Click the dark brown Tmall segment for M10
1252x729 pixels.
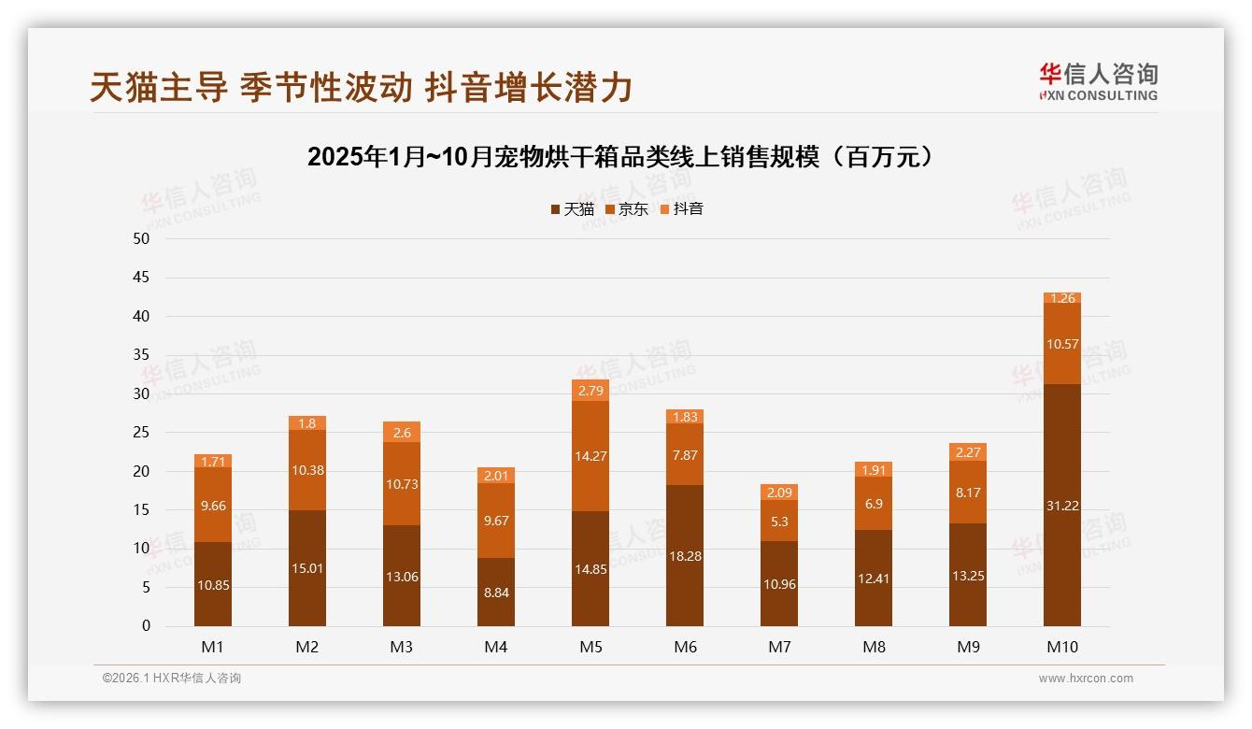click(1062, 505)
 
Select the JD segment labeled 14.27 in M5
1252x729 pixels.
click(590, 457)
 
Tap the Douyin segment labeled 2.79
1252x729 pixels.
click(590, 391)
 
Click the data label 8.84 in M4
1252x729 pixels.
click(496, 593)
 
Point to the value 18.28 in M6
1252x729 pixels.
click(685, 556)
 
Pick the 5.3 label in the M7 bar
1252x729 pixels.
click(779, 522)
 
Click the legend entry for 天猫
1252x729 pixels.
click(573, 209)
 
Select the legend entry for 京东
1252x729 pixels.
click(627, 209)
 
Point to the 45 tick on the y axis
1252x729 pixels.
click(141, 278)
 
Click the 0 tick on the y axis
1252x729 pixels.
click(146, 626)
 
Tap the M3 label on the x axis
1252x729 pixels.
click(402, 647)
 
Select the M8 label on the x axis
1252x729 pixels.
click(874, 647)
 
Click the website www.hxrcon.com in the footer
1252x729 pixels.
click(1086, 679)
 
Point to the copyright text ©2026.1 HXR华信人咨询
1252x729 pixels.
click(171, 679)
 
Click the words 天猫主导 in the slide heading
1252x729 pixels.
click(159, 88)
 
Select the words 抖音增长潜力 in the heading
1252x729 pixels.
click(529, 88)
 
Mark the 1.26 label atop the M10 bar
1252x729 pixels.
click(1063, 299)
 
